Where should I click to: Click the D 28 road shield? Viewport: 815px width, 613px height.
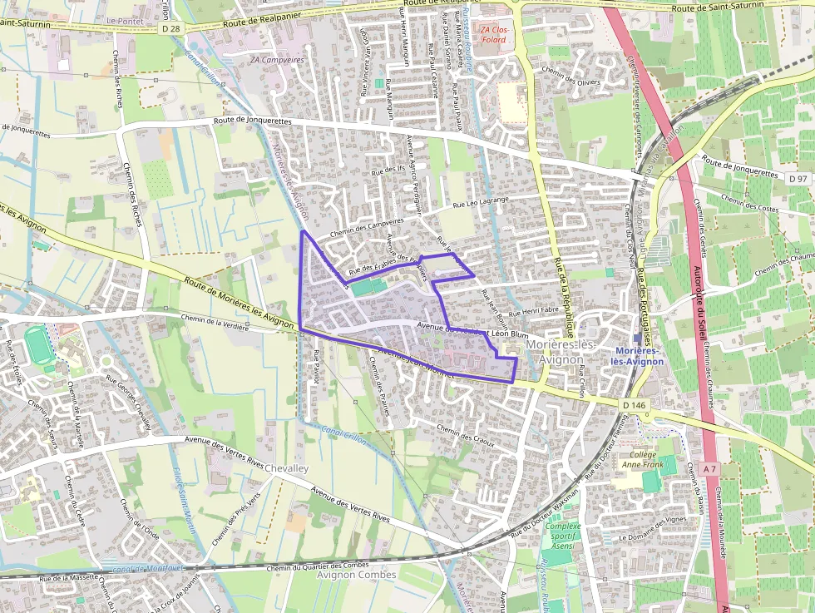[x=171, y=28]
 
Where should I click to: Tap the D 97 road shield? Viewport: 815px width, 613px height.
[x=798, y=179]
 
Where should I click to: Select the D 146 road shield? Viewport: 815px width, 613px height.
[x=634, y=405]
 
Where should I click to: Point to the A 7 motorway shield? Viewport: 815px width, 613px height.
[x=709, y=469]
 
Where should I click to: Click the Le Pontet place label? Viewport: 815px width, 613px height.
[x=124, y=17]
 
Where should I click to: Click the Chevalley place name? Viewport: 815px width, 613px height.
[x=286, y=469]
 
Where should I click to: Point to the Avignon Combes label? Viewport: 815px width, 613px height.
[x=356, y=575]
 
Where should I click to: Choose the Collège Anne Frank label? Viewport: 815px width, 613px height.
[x=639, y=459]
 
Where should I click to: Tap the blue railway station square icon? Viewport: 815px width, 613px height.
[x=637, y=339]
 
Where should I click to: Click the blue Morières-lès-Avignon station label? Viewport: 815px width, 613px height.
[x=637, y=356]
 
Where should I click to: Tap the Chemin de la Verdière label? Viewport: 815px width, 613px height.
[x=215, y=323]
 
